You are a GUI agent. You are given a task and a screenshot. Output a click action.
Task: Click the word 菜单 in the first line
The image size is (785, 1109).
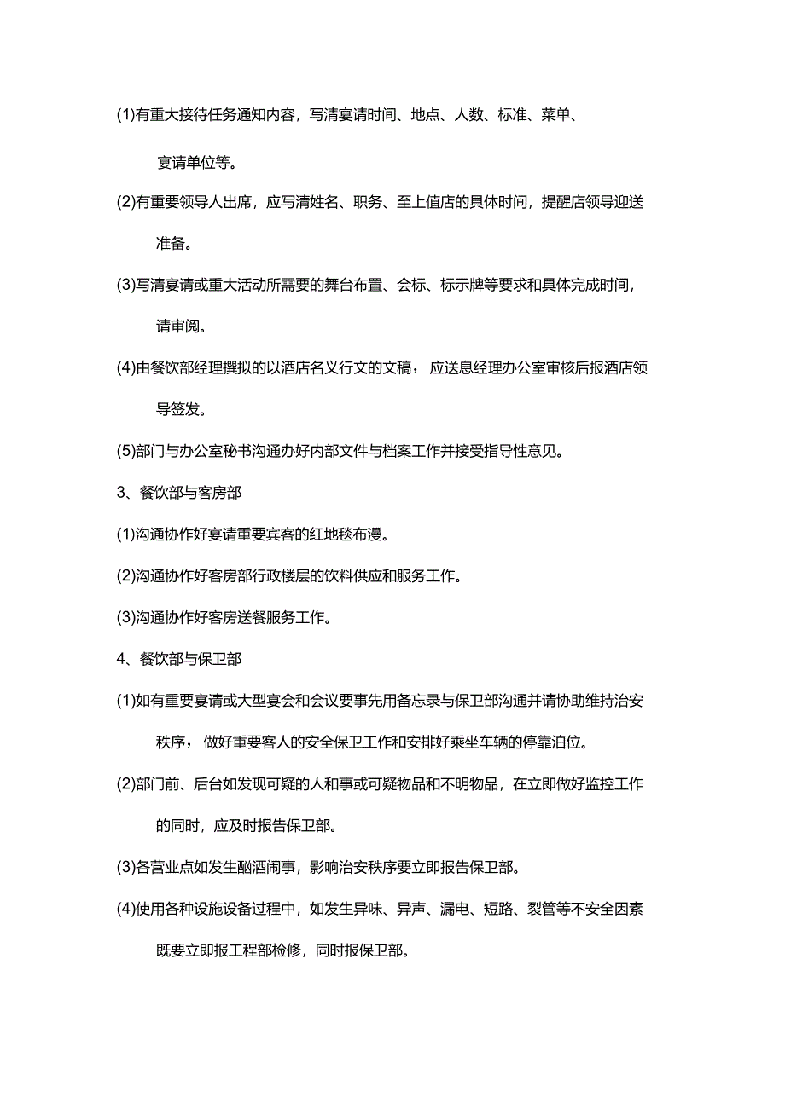point(555,116)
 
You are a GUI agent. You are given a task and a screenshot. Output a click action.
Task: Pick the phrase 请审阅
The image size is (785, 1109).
point(180,326)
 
